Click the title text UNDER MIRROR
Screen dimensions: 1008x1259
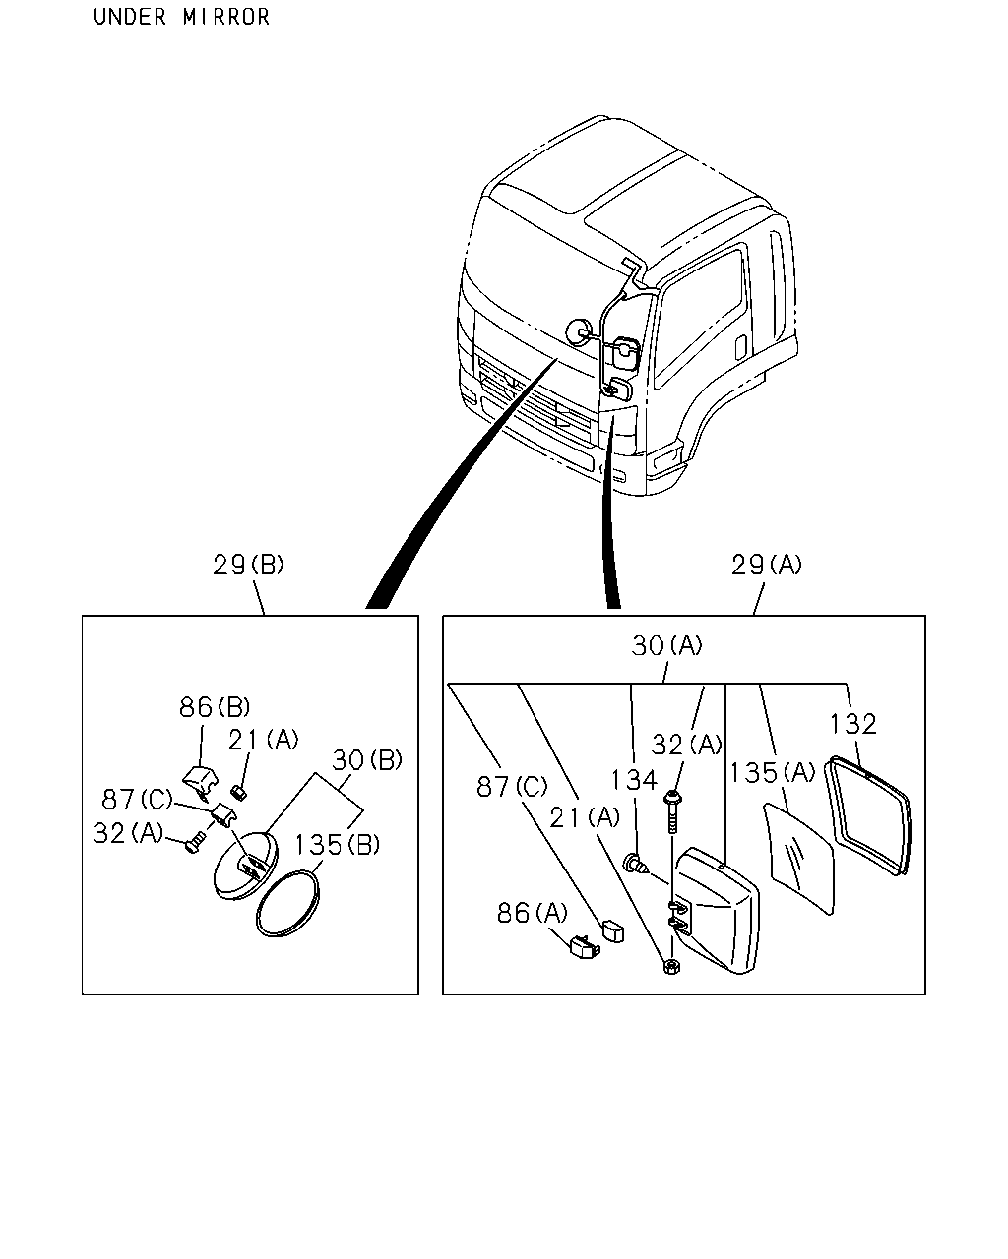(181, 17)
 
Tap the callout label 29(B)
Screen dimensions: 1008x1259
(248, 565)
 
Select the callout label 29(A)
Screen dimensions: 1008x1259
(766, 565)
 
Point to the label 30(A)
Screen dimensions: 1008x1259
(666, 645)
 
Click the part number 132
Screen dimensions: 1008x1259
(852, 724)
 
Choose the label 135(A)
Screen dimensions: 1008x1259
(773, 772)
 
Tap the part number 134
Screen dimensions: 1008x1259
(634, 780)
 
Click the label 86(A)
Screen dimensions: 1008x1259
(533, 912)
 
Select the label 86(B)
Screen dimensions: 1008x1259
(215, 707)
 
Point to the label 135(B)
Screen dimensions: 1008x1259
(337, 844)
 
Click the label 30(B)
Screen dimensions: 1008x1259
(367, 760)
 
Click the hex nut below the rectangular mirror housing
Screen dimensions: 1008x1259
(670, 966)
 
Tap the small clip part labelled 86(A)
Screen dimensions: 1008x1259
(585, 946)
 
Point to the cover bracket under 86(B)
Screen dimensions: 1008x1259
(200, 781)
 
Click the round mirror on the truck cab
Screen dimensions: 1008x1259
(579, 332)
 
